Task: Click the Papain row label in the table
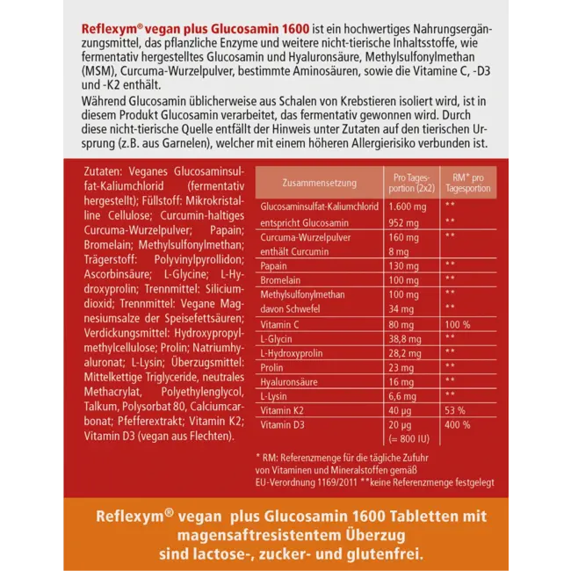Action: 274,264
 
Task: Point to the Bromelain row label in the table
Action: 279,279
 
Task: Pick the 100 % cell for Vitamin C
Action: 457,324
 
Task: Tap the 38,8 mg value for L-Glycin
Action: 405,338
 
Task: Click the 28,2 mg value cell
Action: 405,353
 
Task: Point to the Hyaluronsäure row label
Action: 288,381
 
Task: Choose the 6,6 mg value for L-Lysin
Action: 403,396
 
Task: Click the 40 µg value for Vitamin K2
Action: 401,410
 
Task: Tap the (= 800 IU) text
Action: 408,438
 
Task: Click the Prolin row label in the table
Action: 272,367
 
